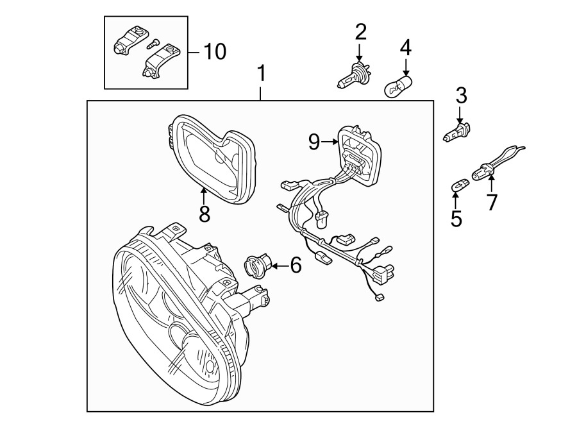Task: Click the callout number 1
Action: (x=261, y=74)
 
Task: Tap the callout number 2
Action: (x=360, y=31)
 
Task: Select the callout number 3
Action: (x=461, y=96)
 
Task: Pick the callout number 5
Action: (x=456, y=219)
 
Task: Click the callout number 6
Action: (x=296, y=265)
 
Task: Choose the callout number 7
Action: (x=492, y=202)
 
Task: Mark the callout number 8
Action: (x=205, y=214)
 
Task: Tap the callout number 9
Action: (x=314, y=141)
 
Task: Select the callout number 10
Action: (x=215, y=51)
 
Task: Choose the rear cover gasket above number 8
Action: (x=212, y=157)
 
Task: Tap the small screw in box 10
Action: (x=152, y=45)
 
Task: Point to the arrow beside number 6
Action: (x=279, y=265)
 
